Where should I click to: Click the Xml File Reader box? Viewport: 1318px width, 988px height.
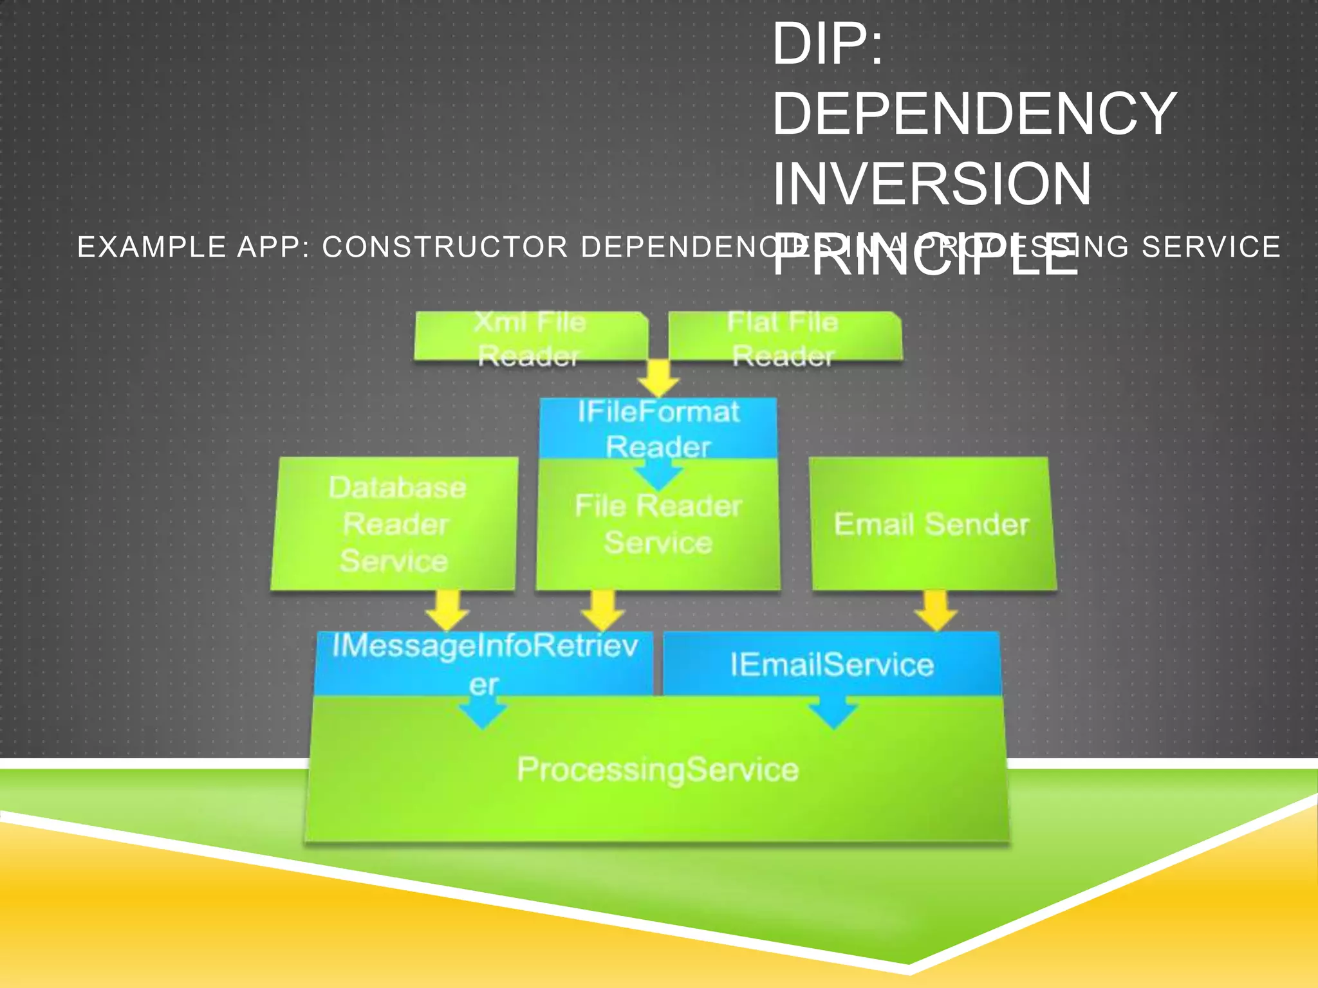point(530,337)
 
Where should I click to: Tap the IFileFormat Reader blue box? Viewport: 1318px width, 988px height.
point(658,428)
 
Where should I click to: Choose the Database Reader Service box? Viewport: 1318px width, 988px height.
point(395,524)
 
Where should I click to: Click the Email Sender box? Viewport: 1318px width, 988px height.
point(932,524)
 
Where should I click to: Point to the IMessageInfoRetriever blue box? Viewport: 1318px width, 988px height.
point(484,663)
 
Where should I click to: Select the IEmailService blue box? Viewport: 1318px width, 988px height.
point(831,664)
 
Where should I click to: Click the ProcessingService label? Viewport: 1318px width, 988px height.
point(658,769)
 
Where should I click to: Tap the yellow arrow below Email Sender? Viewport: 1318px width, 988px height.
point(936,610)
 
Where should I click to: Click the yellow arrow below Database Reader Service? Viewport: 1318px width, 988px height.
point(448,610)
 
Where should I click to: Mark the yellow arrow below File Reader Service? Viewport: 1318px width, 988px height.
point(602,610)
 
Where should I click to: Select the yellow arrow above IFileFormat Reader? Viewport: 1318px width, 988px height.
point(658,378)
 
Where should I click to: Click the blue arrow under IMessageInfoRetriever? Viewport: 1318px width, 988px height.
point(483,713)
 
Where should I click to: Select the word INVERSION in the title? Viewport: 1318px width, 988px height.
point(932,184)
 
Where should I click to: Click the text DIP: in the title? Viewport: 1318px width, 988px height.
point(828,44)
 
